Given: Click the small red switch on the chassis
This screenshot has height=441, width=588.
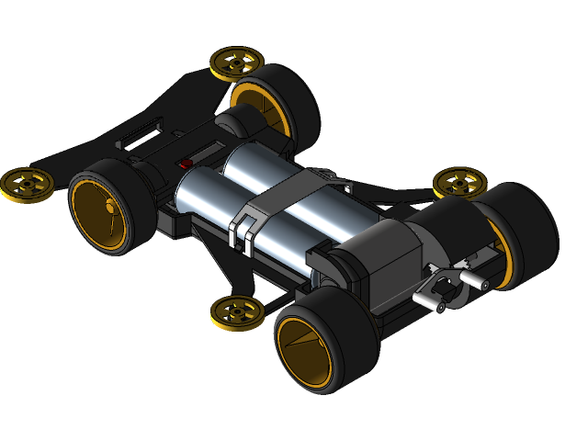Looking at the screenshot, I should pos(186,164).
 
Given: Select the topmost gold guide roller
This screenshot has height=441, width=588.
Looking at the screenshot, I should pos(236,62).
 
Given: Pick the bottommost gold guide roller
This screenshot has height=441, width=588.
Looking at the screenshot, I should pos(236,312).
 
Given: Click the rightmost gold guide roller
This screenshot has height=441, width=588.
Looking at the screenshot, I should pos(458,182).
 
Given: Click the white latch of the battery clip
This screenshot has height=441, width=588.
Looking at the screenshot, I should pos(245,230).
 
